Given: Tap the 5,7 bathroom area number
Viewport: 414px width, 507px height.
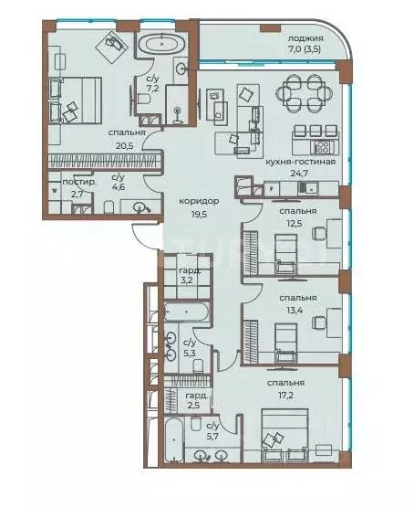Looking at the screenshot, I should click(212, 437).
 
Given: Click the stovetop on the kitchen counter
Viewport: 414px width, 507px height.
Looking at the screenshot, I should click(322, 146).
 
